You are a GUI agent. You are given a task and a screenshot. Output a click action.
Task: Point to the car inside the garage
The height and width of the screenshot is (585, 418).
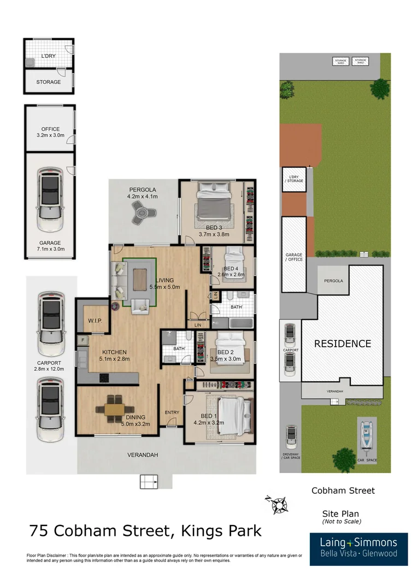point(49,201)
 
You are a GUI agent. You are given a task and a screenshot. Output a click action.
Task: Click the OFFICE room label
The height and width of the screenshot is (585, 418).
point(50,129)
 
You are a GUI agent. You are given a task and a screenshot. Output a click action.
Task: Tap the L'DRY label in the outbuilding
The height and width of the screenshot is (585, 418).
point(49,56)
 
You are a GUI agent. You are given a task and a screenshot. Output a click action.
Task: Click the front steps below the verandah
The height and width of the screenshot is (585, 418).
point(148,482)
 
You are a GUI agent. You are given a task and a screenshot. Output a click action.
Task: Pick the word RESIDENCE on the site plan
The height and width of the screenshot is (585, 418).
point(342,344)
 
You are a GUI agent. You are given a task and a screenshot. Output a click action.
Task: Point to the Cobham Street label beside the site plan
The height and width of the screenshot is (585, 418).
point(343,491)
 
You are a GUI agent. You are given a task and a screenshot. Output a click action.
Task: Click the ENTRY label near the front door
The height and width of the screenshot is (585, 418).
point(172,412)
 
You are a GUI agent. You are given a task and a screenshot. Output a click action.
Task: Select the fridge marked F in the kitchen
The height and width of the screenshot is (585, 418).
point(83,340)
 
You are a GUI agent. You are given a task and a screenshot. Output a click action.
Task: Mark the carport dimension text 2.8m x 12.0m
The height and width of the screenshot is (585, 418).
point(50,369)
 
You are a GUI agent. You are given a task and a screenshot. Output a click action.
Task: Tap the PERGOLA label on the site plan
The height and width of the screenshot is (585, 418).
point(333,281)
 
